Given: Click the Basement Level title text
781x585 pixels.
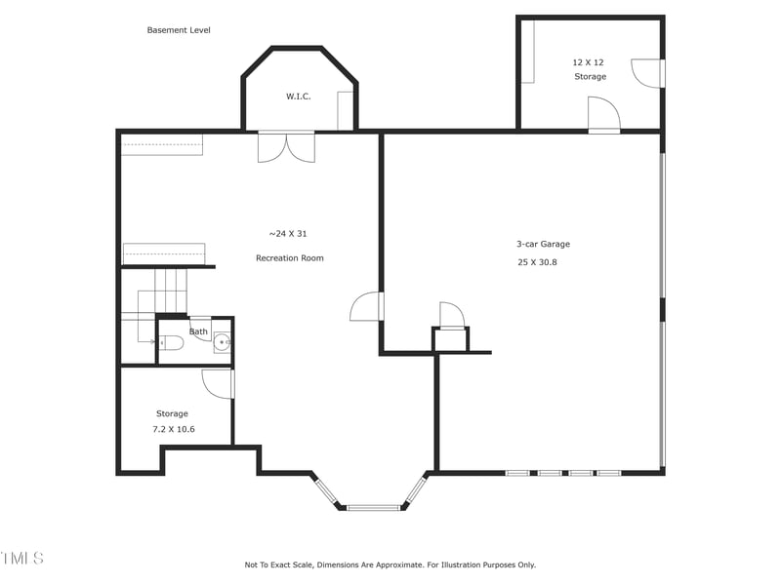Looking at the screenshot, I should [179, 30].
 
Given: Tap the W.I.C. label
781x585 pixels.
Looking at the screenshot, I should [298, 97].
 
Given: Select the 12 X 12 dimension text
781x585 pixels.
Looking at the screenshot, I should [589, 62].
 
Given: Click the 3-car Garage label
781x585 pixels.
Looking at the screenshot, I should [543, 245].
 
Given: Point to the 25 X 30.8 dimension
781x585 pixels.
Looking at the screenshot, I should [537, 262].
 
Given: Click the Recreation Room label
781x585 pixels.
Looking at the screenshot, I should [289, 258].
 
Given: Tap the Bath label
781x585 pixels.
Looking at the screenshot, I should [198, 331].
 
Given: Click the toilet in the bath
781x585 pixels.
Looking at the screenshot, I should [170, 343].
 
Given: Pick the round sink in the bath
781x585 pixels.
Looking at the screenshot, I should [223, 342].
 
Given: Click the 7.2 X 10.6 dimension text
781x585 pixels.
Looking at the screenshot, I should [174, 429].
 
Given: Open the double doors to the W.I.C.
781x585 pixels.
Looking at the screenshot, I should [286, 146].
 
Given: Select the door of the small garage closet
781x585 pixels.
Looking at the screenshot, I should [451, 316].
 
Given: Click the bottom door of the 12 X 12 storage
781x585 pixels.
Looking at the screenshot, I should [604, 115].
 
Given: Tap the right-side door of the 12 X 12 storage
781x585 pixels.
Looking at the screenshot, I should [647, 73].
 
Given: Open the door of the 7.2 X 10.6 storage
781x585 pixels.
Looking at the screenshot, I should [219, 383].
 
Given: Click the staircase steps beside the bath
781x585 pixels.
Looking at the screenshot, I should [172, 289].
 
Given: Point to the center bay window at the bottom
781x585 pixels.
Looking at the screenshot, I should [374, 507].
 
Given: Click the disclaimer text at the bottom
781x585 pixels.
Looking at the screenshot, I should [390, 565].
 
